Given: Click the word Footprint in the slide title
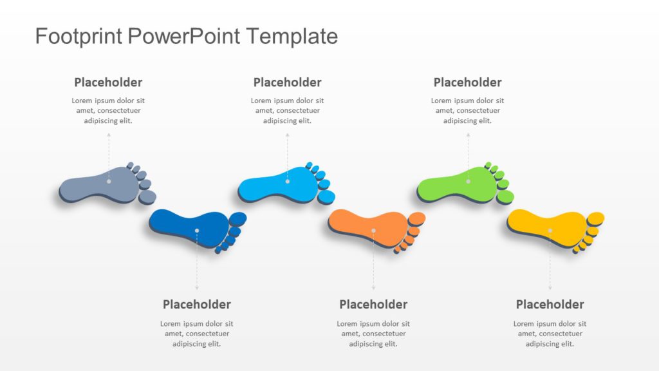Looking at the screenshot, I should (x=79, y=36).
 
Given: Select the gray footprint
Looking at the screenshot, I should (x=97, y=185).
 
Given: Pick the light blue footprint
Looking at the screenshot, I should (x=277, y=185).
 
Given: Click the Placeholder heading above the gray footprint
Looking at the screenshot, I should (x=108, y=82).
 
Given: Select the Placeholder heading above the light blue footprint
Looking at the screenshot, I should (x=287, y=82).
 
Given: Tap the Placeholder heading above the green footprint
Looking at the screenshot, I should (x=467, y=82).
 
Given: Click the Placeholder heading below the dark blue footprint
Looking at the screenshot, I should (x=196, y=304).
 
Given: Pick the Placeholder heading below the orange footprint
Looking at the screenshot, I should (x=373, y=304).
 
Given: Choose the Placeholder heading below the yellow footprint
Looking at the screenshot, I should (x=550, y=304).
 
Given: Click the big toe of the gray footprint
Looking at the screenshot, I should (x=148, y=196).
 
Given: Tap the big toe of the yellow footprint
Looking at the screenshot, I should (x=596, y=218).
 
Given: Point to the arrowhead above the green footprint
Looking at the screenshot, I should (x=468, y=135).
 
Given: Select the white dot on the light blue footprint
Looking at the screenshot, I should (x=288, y=181).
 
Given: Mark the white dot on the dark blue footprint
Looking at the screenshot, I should (x=197, y=230).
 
